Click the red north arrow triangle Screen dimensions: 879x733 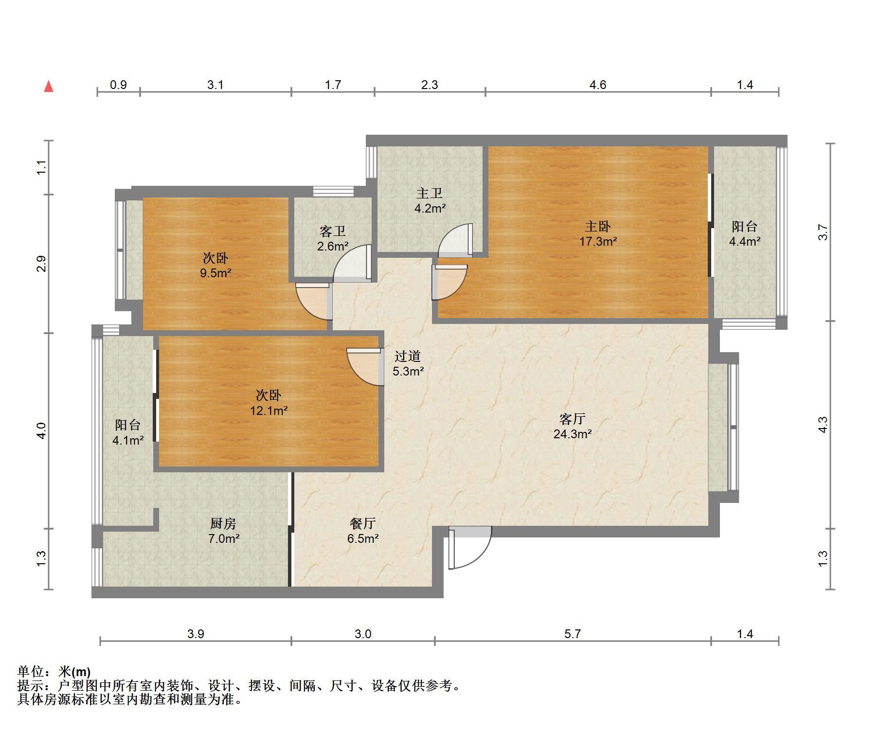pyautogui.click(x=49, y=87)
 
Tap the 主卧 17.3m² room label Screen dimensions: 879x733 pyautogui.click(x=598, y=233)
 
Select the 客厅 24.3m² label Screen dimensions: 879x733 pyautogui.click(x=572, y=426)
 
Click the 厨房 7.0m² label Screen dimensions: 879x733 pyautogui.click(x=224, y=531)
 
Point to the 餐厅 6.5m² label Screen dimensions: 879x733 pyautogui.click(x=362, y=531)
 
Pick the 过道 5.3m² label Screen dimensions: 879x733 pyautogui.click(x=408, y=364)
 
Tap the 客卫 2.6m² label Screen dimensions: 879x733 pyautogui.click(x=333, y=238)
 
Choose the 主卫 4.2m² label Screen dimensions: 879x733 pyautogui.click(x=430, y=200)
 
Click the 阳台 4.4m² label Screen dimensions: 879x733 pyautogui.click(x=745, y=233)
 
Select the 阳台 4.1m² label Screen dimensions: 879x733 pyautogui.click(x=128, y=432)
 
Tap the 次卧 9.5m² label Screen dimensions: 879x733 pyautogui.click(x=215, y=265)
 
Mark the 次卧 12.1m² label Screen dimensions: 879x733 pyautogui.click(x=269, y=403)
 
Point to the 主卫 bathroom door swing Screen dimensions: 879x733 pyautogui.click(x=455, y=240)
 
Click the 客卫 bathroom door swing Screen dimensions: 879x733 pyautogui.click(x=352, y=264)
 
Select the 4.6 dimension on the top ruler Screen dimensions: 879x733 pyautogui.click(x=598, y=85)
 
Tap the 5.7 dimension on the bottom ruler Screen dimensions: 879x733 pyautogui.click(x=573, y=634)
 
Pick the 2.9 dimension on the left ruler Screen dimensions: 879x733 pyautogui.click(x=42, y=264)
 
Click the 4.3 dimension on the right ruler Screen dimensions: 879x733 pyautogui.click(x=823, y=425)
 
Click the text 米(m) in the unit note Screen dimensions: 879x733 pyautogui.click(x=74, y=672)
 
